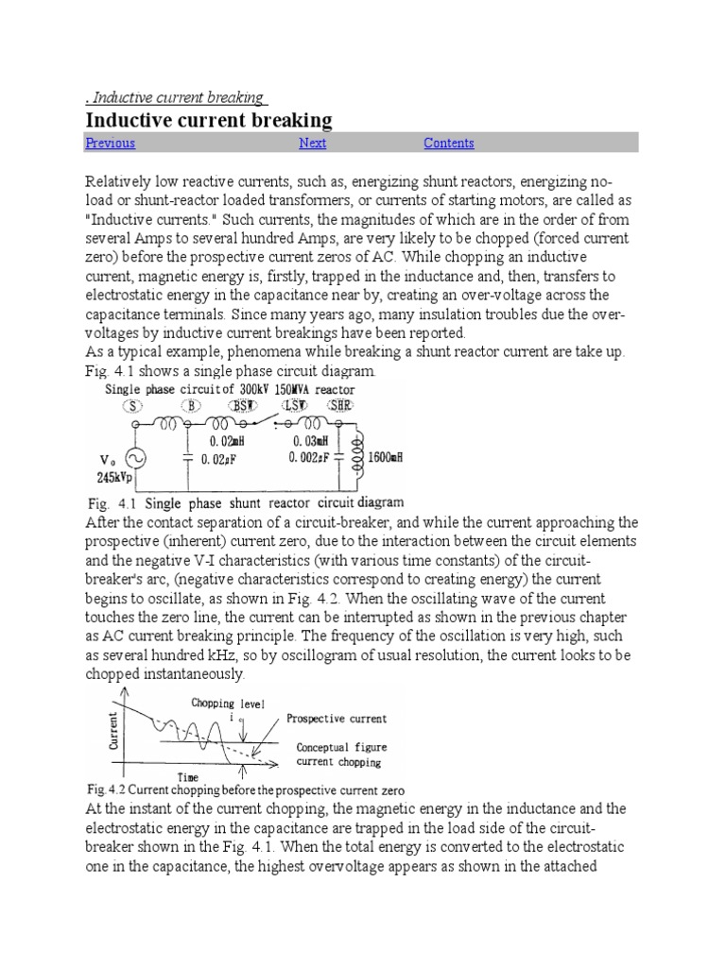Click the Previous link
click(x=110, y=144)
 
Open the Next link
click(x=312, y=144)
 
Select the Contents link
click(x=448, y=144)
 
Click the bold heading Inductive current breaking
click(x=209, y=120)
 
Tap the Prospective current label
click(x=337, y=719)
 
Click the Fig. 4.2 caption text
click(x=245, y=789)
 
